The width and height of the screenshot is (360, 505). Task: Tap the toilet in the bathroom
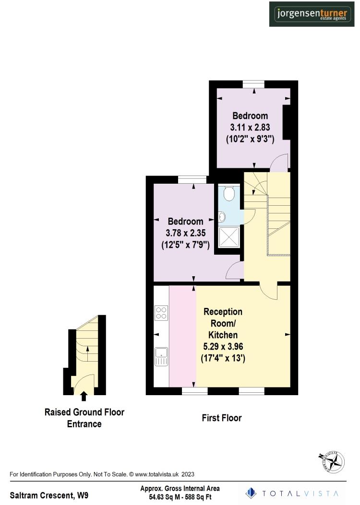click(x=229, y=193)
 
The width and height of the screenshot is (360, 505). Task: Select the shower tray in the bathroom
click(x=228, y=237)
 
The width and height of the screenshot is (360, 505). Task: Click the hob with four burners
click(x=161, y=313)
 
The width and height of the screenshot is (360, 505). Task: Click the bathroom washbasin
click(x=222, y=217)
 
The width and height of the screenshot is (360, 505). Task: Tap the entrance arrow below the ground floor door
click(x=84, y=396)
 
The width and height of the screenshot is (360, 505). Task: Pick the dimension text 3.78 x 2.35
click(x=185, y=234)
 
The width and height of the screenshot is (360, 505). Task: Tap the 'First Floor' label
click(x=221, y=418)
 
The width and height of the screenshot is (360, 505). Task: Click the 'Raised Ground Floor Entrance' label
click(x=84, y=418)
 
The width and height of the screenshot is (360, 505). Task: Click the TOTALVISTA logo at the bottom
click(x=292, y=493)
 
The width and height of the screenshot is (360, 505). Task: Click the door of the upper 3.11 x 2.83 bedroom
click(x=279, y=162)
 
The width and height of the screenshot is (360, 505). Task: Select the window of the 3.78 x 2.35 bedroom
click(x=192, y=179)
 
